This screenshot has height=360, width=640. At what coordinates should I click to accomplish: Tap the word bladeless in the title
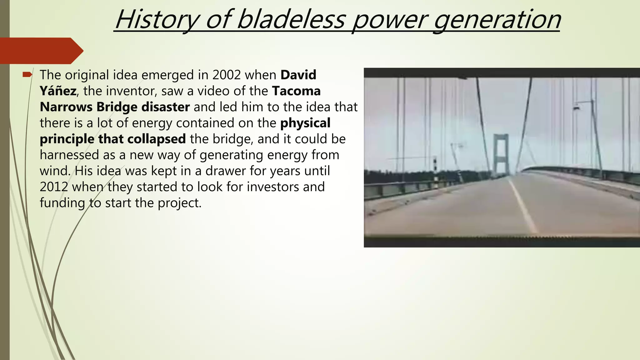click(291, 20)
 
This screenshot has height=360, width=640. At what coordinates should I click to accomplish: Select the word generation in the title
click(497, 20)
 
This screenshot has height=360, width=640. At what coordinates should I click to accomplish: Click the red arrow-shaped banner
click(41, 51)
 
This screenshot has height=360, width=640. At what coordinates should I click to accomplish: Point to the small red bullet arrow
click(27, 74)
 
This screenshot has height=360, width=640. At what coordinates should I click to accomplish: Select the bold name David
click(298, 75)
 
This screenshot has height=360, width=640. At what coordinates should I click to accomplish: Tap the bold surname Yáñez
click(58, 91)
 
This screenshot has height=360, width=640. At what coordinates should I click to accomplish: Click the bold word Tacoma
click(296, 91)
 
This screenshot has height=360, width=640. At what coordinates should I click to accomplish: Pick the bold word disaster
click(165, 107)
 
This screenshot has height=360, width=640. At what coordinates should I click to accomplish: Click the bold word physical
click(305, 123)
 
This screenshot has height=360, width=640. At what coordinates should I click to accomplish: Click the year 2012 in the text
click(54, 187)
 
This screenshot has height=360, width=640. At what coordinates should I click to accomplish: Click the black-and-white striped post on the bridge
click(435, 170)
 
